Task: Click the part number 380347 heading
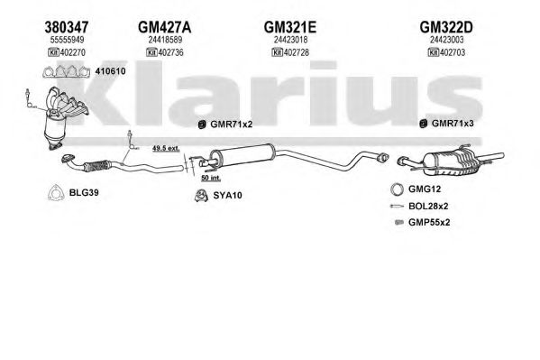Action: point(67,27)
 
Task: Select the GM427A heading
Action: point(165,27)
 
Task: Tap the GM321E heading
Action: point(290,27)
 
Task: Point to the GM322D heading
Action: point(446,27)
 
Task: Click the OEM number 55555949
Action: point(67,40)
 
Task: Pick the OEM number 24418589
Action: point(165,40)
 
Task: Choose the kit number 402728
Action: point(296,52)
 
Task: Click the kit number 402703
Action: point(453,52)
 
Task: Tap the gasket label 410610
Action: point(110,71)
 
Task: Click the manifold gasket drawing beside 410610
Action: point(66,71)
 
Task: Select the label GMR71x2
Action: point(232,124)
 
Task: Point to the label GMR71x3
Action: point(453,123)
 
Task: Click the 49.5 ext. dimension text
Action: point(166,148)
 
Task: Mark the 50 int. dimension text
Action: point(211,178)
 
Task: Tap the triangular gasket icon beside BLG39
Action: point(56,193)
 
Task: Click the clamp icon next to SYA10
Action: point(201,196)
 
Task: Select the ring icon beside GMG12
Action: point(397,189)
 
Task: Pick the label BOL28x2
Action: point(428,207)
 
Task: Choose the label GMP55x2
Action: point(429,223)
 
